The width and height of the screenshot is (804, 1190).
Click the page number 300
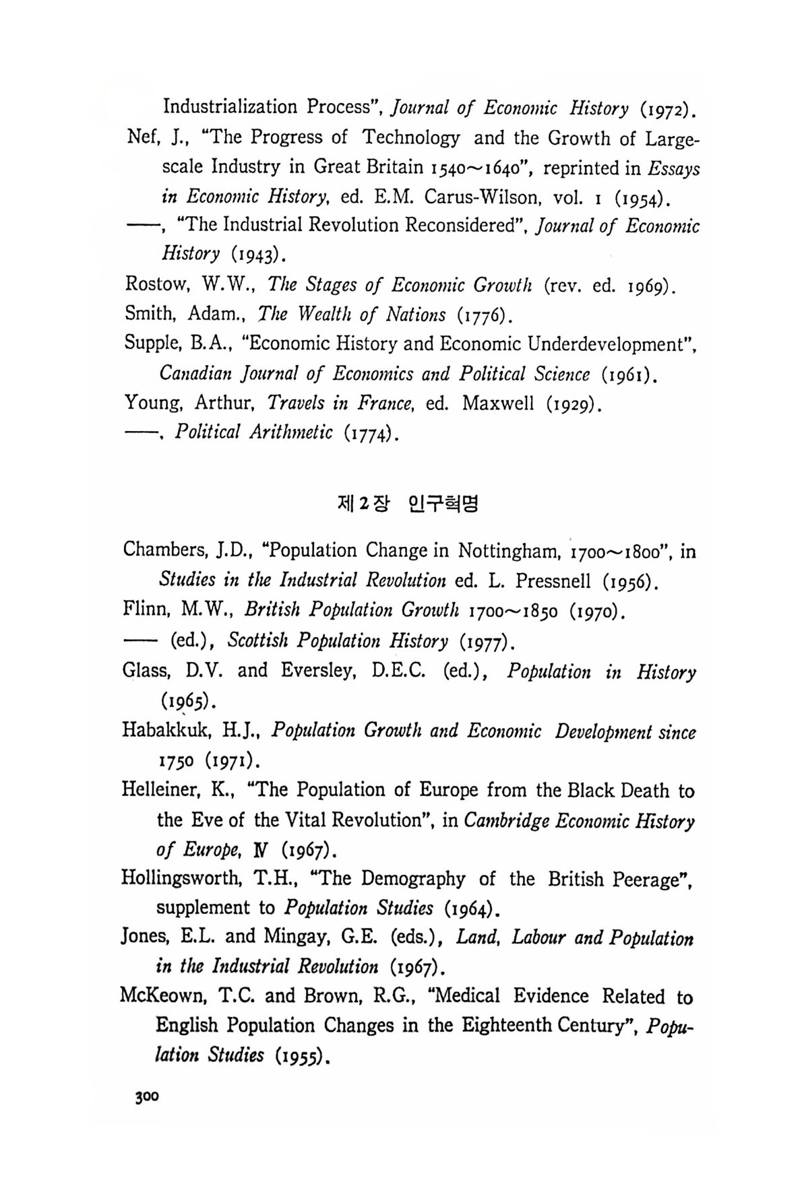[146, 1096]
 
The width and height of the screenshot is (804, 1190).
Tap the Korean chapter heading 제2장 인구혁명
[406, 503]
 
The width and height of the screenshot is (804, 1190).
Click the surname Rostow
[156, 285]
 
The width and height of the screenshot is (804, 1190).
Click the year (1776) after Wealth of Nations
[485, 315]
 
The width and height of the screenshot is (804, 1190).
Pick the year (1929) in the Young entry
[572, 403]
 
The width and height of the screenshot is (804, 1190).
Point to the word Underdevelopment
[611, 344]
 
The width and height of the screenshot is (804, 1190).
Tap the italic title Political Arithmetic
[254, 432]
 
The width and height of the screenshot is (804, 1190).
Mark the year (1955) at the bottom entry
[300, 1055]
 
